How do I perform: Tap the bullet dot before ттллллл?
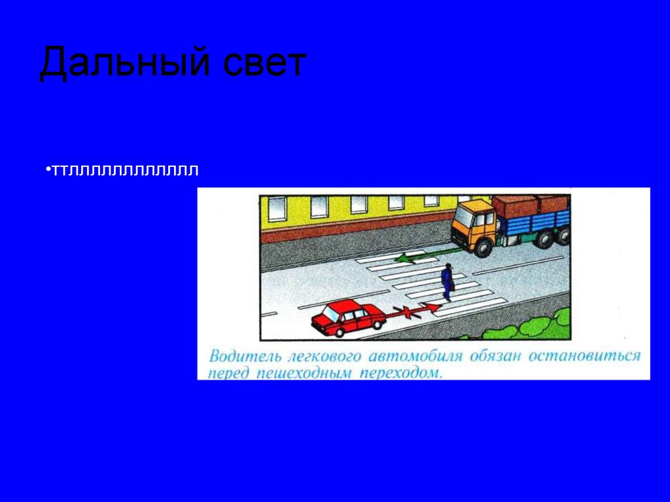point(48,170)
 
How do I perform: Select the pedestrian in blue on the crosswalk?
point(447,282)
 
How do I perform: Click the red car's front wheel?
point(339,331)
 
